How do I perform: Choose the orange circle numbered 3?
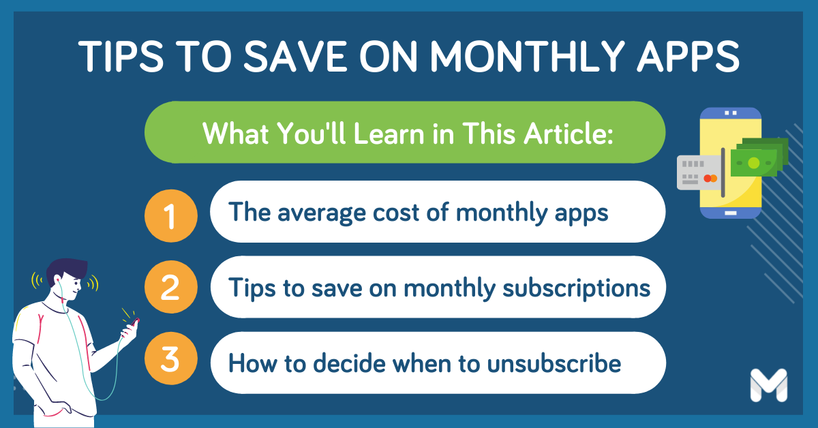pos(170,362)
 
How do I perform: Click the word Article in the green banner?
pos(566,134)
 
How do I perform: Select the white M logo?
pos(768,385)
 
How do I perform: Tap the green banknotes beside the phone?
pos(758,160)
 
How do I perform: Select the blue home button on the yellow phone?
pos(731,213)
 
